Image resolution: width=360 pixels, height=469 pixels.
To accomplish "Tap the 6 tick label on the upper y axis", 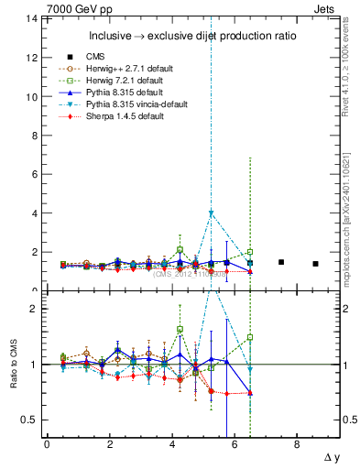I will [x=34, y=174].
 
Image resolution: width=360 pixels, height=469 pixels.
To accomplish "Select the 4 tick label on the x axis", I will [x=172, y=445].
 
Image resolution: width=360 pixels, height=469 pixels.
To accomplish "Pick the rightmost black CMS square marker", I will [x=315, y=264].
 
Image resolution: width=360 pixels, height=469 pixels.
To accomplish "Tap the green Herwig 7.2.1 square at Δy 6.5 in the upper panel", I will [x=250, y=252].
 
